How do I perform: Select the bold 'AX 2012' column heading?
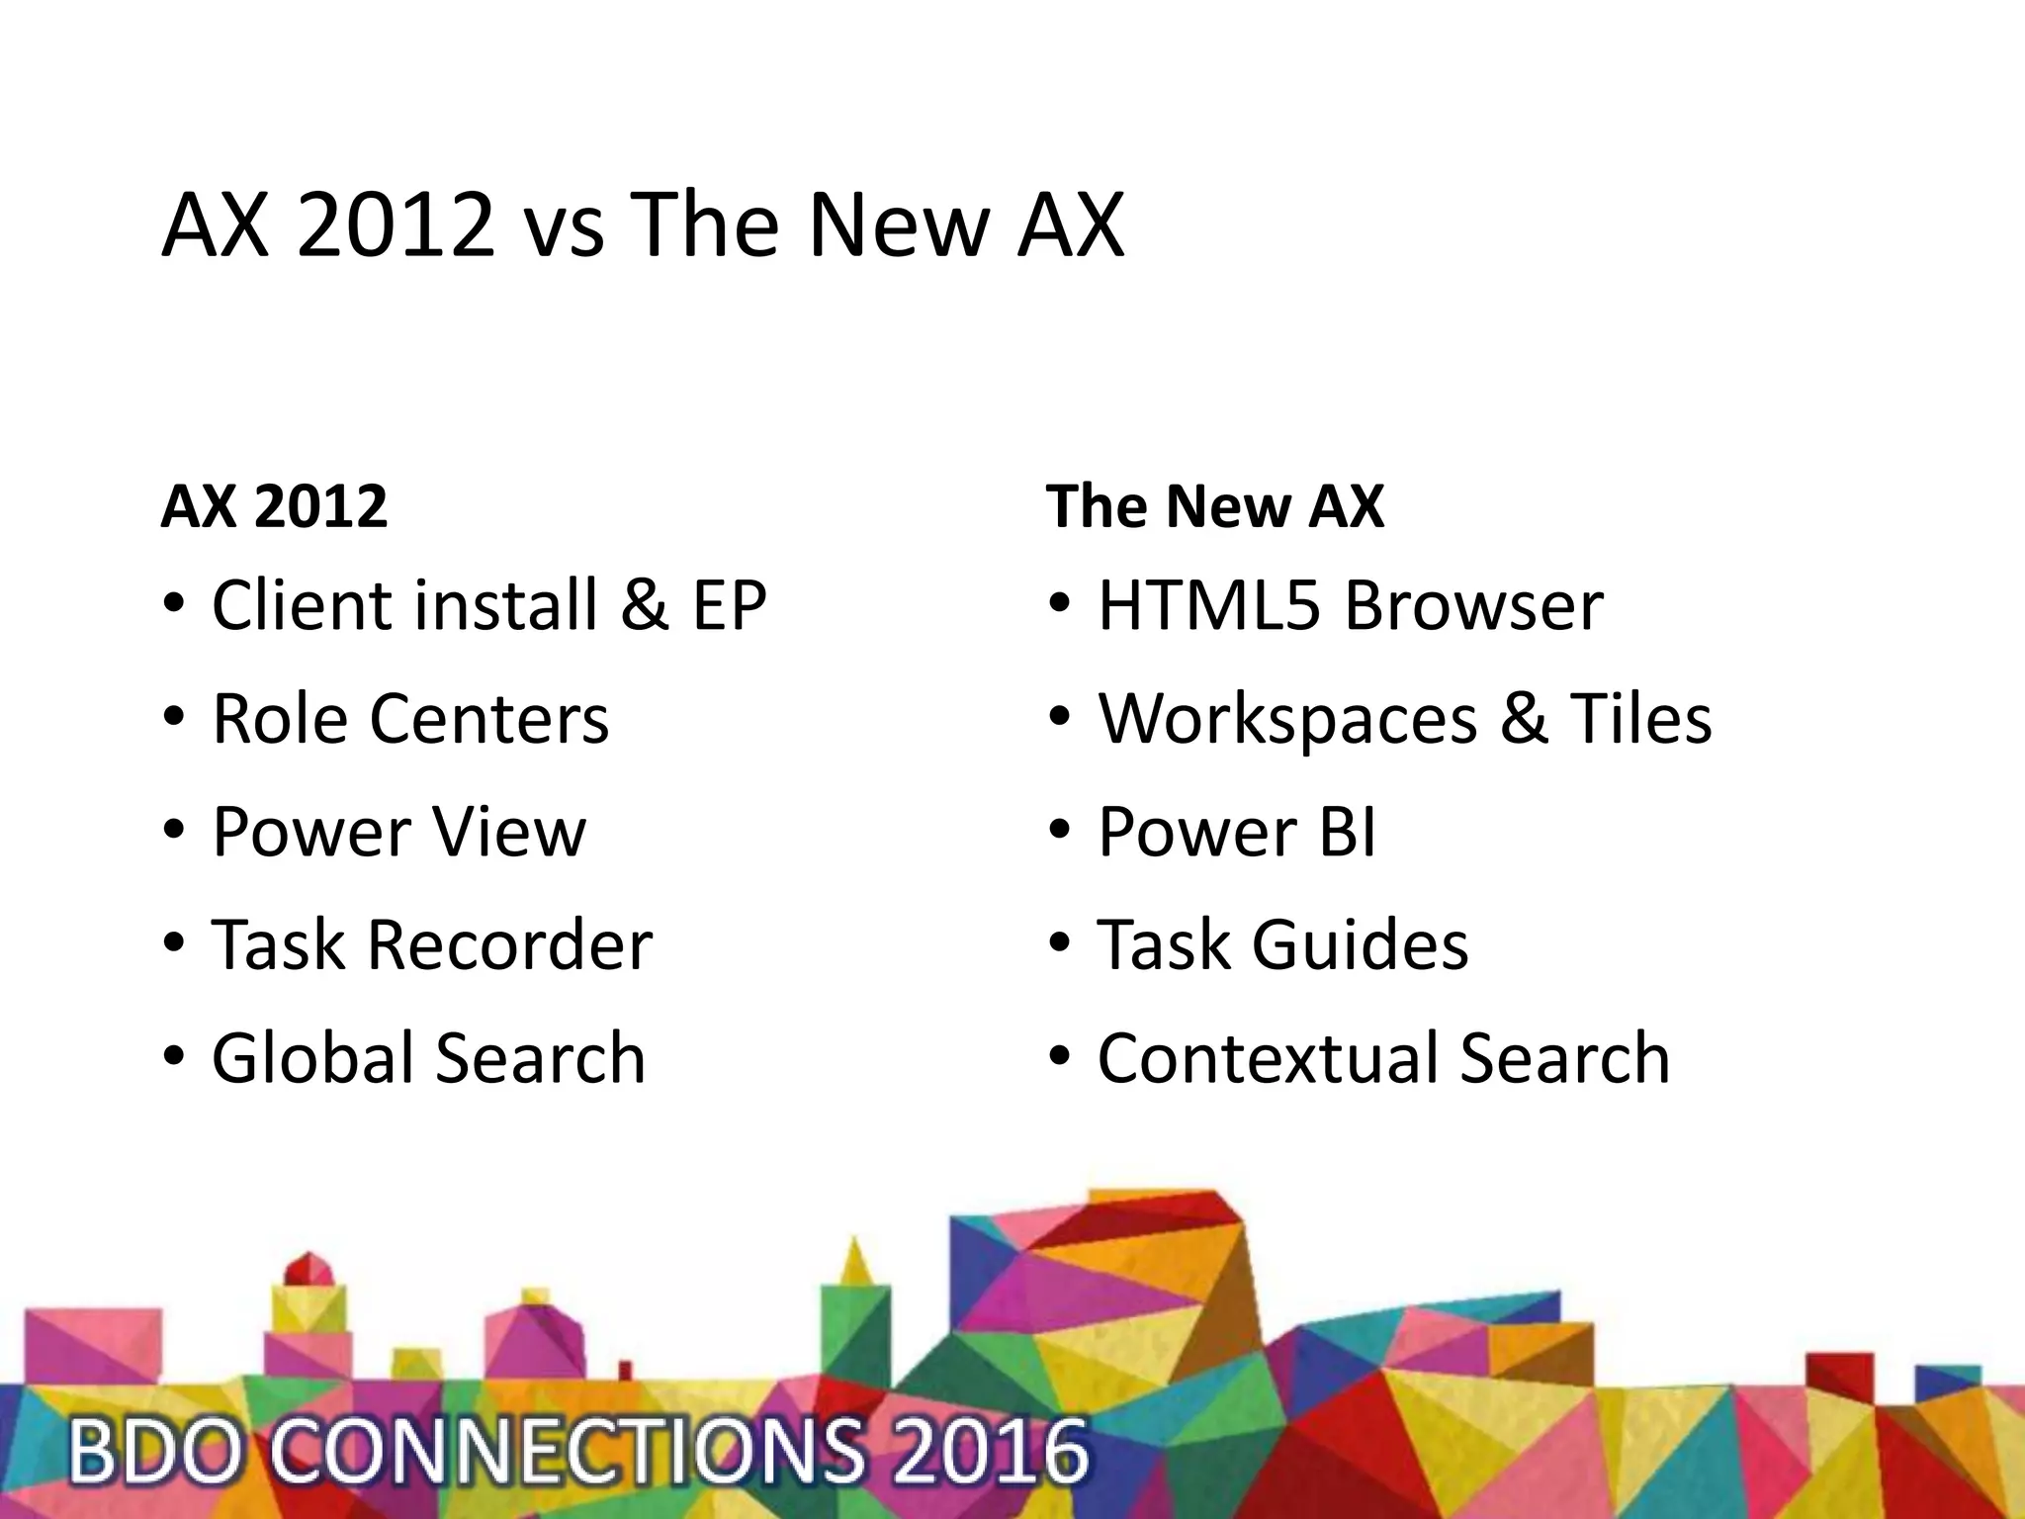(x=274, y=506)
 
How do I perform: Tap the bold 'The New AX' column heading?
(x=1214, y=506)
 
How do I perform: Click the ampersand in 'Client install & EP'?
(x=645, y=604)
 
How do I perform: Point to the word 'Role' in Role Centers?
(x=280, y=718)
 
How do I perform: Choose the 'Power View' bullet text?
(x=398, y=832)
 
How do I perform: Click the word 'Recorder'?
(x=509, y=944)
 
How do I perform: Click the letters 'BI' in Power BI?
(x=1347, y=832)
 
